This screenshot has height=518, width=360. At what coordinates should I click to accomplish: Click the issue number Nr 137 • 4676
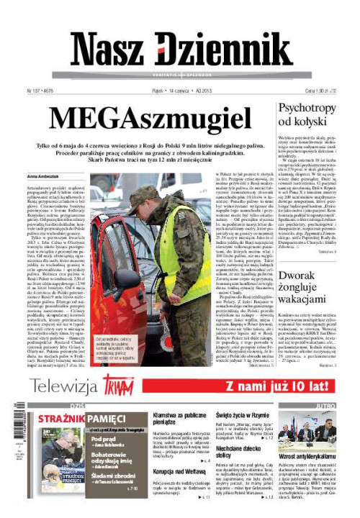click(42, 91)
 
